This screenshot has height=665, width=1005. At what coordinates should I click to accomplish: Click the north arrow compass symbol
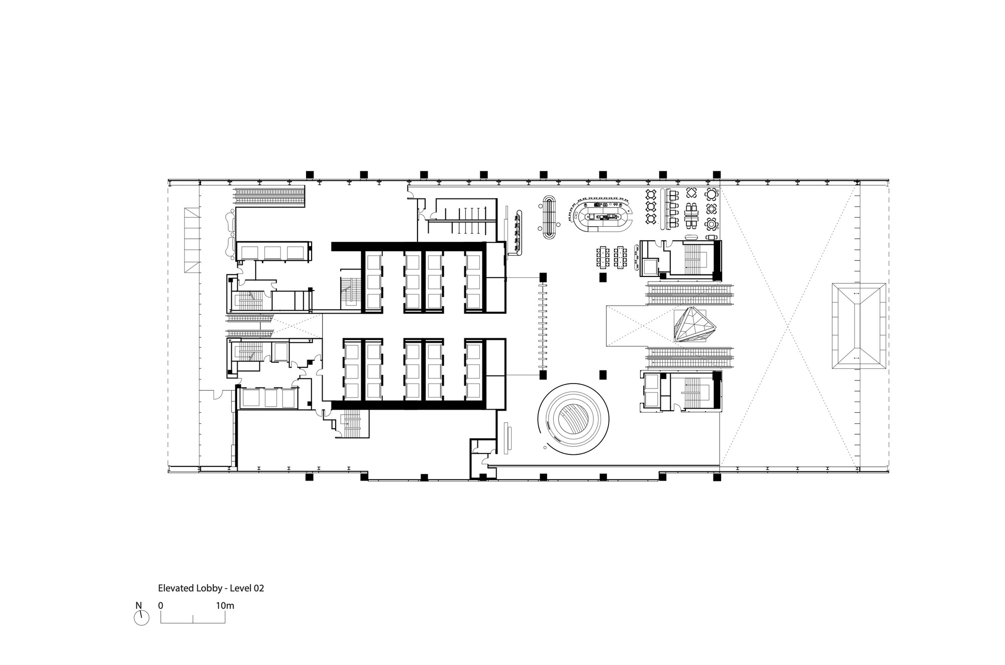click(142, 618)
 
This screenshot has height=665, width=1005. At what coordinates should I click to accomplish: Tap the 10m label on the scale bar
click(225, 606)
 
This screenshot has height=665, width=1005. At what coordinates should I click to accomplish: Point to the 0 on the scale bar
click(161, 606)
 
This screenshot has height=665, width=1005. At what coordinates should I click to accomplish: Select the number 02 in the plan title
click(258, 588)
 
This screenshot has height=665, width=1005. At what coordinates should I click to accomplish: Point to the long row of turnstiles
click(543, 326)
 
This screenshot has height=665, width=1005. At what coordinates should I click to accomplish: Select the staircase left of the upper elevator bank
click(348, 292)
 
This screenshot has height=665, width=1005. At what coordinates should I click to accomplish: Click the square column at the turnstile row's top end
click(543, 277)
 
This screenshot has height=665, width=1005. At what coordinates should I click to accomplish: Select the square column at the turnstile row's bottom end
click(543, 375)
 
